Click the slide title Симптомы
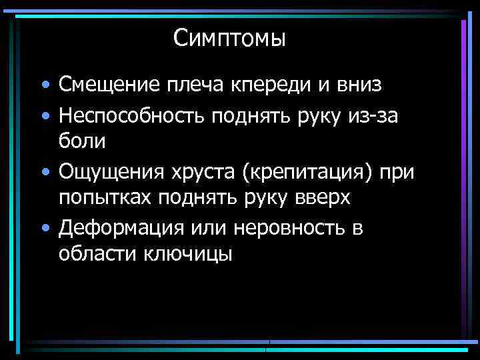(229, 38)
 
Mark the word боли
(82, 141)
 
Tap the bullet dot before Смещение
(44, 86)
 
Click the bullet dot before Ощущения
(44, 173)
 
